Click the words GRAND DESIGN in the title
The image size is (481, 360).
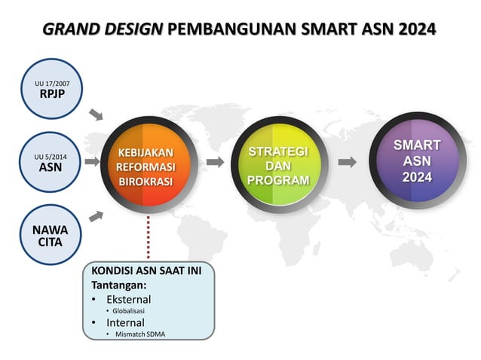click(x=103, y=29)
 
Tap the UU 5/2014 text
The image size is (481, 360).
click(x=51, y=156)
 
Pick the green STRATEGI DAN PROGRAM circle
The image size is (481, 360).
click(x=278, y=165)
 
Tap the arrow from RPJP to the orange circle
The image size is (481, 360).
click(x=96, y=114)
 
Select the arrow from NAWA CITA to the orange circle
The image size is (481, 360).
click(x=96, y=216)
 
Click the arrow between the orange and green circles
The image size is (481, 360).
click(x=215, y=162)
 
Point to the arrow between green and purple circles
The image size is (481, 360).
click(x=348, y=162)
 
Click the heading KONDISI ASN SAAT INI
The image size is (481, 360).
click(x=152, y=270)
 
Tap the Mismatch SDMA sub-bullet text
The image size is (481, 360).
click(x=142, y=334)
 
